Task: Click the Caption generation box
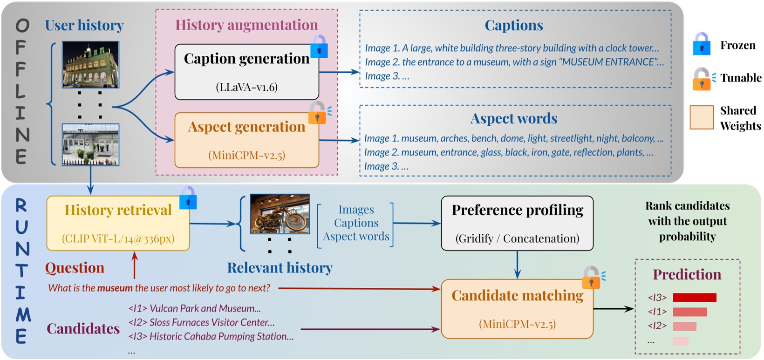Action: click(246, 72)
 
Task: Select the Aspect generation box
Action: click(246, 140)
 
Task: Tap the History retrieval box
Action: click(118, 224)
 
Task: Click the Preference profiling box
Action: click(517, 224)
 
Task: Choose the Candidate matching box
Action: click(517, 309)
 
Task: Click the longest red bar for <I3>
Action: click(694, 298)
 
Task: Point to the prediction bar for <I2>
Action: click(684, 326)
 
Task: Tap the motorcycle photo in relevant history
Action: click(280, 214)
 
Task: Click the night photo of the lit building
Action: click(90, 64)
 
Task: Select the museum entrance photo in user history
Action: click(90, 145)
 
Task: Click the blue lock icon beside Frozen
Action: click(702, 44)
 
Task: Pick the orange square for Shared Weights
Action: click(702, 117)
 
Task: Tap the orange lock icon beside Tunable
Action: click(702, 79)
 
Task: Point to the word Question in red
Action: click(75, 268)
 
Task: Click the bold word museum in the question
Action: click(115, 288)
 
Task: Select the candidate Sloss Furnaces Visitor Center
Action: click(202, 322)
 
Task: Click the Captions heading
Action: click(513, 25)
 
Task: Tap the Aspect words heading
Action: click(513, 118)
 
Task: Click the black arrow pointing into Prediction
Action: click(614, 308)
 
